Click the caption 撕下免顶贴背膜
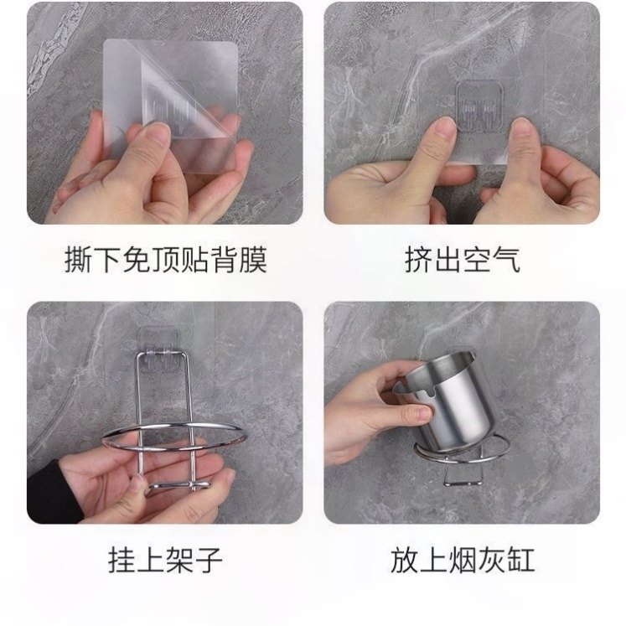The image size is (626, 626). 165,261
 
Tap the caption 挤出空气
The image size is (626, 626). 462,261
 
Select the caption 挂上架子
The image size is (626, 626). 165,561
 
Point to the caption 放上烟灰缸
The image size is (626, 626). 462,561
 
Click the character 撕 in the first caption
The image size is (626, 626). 77,261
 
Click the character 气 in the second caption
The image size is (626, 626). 506,261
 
